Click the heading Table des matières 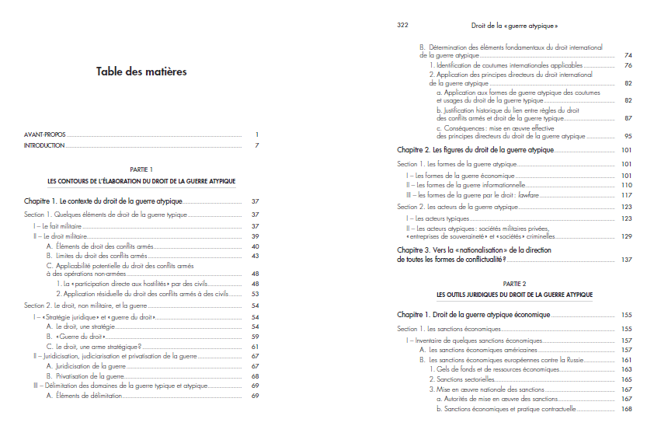[x=141, y=72]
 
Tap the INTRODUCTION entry [x=44, y=145]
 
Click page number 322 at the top [x=402, y=25]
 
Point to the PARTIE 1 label [x=141, y=169]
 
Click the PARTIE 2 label [x=514, y=285]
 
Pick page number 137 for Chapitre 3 [x=627, y=260]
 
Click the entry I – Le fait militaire [x=52, y=225]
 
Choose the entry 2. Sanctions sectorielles [x=467, y=379]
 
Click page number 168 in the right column [x=627, y=409]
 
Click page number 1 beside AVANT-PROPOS [x=256, y=134]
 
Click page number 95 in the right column [x=628, y=136]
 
